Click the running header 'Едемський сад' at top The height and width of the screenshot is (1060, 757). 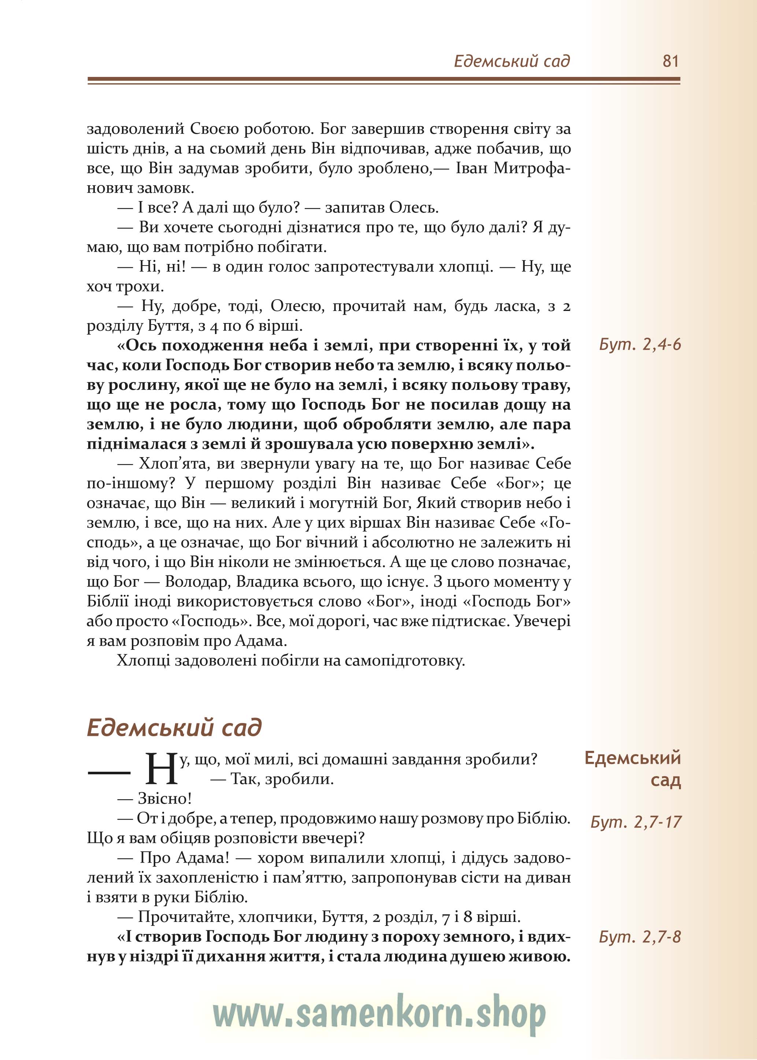point(512,61)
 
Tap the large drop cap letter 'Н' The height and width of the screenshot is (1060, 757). point(162,770)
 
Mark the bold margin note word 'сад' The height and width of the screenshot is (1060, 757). point(666,780)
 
